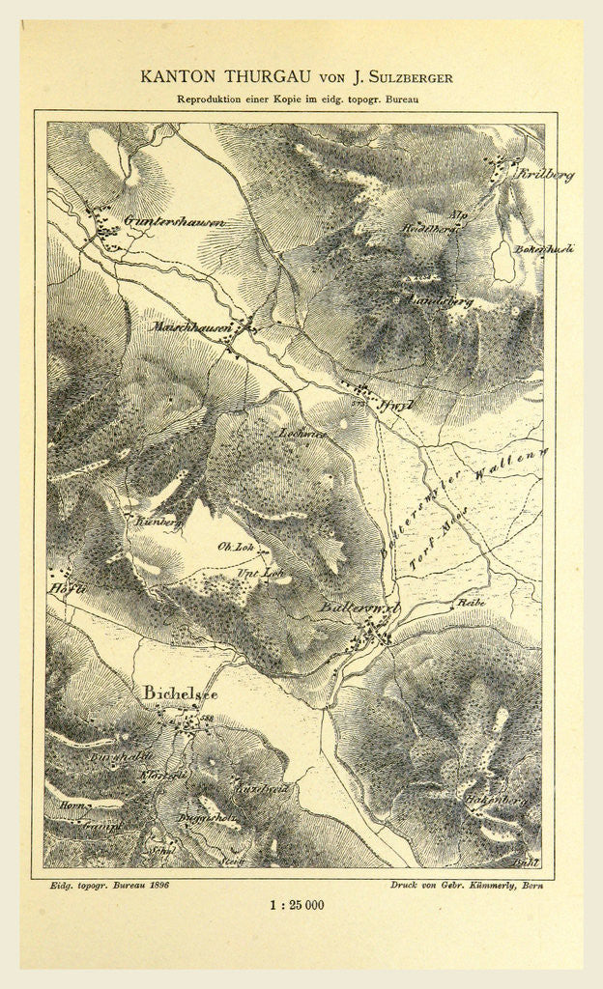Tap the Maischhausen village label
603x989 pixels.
[x=192, y=328]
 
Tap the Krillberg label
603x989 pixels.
[x=546, y=175]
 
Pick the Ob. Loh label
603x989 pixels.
[x=235, y=547]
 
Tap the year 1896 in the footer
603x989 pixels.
[x=156, y=884]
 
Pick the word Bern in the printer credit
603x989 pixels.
[x=526, y=884]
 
